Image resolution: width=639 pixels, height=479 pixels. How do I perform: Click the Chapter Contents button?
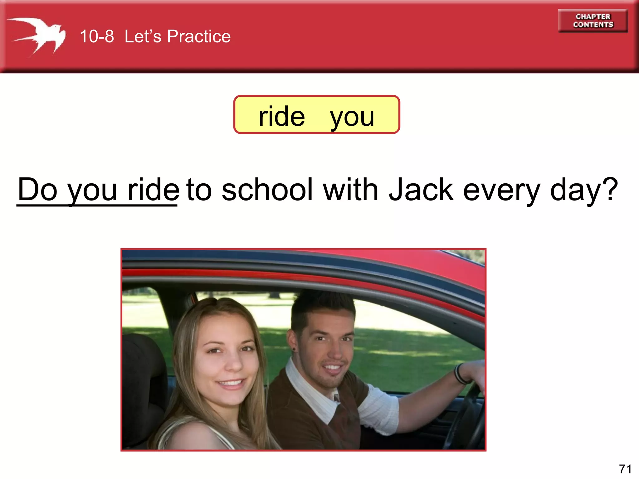[x=593, y=21]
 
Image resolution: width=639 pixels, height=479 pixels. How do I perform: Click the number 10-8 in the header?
[x=97, y=36]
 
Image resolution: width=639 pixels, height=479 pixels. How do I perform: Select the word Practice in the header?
[x=199, y=36]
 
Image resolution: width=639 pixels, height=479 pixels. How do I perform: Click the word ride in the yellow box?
[x=282, y=116]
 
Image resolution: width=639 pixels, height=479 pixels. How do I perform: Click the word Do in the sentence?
[x=37, y=190]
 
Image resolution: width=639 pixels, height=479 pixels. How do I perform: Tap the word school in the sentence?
[x=267, y=190]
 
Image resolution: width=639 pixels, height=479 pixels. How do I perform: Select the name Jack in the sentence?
[x=421, y=190]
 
